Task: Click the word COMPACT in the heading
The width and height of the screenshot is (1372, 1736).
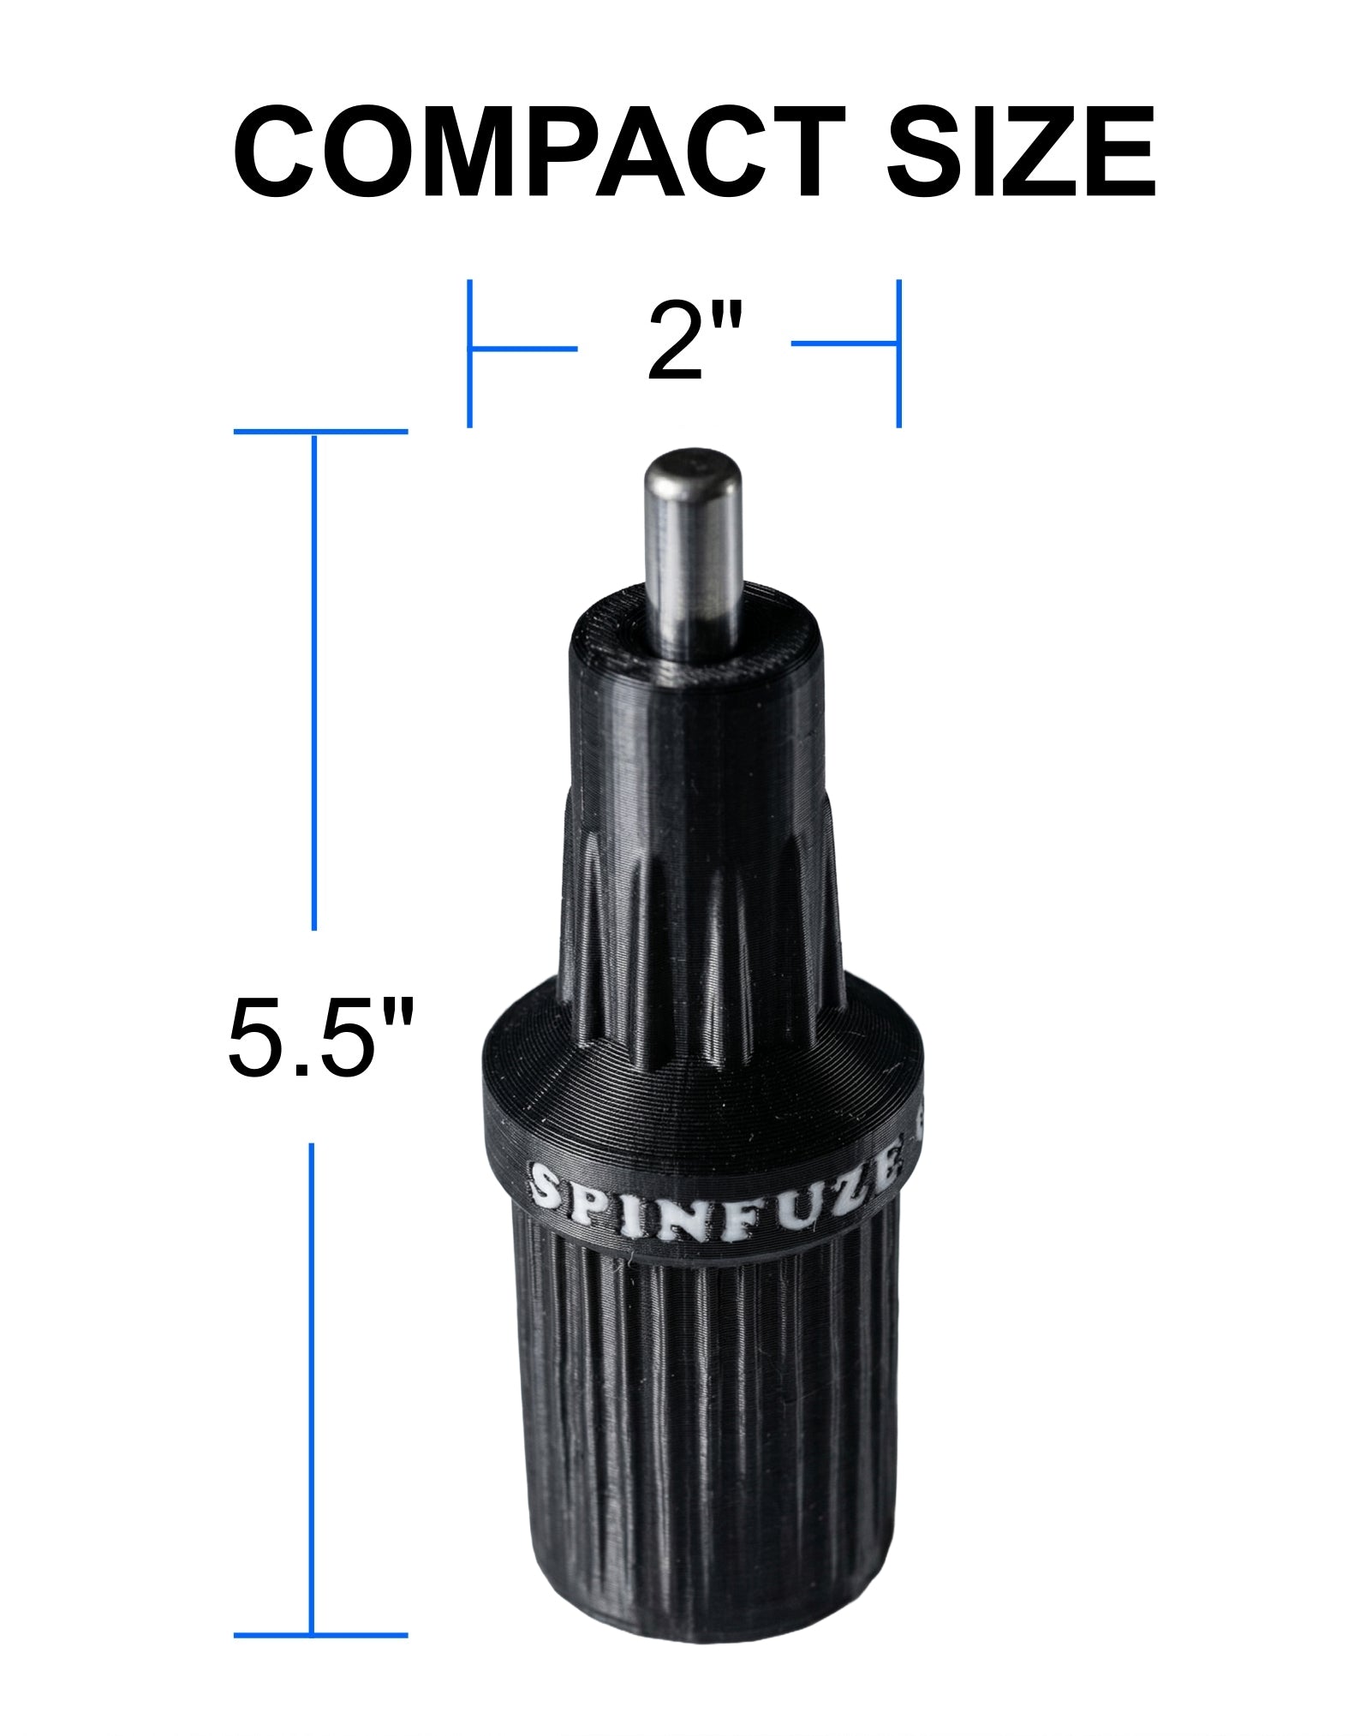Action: pos(540,154)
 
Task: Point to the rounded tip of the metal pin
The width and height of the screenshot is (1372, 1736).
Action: pos(693,467)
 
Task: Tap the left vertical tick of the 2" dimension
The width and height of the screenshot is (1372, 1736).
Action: pos(469,353)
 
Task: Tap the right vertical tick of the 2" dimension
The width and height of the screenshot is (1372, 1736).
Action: pos(898,353)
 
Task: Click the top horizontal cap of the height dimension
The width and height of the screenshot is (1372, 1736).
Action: pos(320,432)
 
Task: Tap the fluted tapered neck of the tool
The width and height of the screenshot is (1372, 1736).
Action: pos(702,925)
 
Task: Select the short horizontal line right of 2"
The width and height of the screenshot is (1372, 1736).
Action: pos(844,344)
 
